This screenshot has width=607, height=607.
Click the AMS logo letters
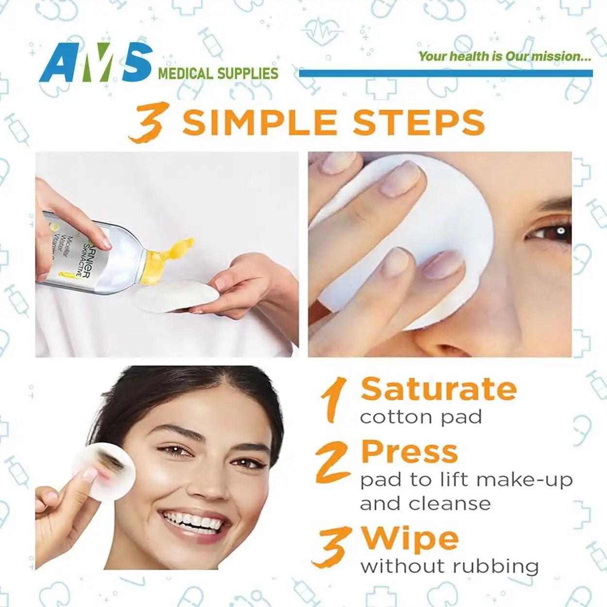point(96,62)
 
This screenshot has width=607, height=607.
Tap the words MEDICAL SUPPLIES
point(218,73)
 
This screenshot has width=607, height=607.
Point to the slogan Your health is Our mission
point(505,56)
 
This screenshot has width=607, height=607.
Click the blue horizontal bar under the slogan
point(446,73)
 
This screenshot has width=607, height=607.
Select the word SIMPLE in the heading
point(260,122)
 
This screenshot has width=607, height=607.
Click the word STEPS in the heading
point(419,122)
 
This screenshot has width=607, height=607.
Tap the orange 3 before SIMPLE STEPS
point(149,122)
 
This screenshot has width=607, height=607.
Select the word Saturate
point(439,389)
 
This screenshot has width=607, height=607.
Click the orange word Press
point(409,452)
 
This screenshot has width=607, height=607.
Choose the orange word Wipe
point(410,539)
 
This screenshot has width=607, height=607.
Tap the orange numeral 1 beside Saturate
point(333,400)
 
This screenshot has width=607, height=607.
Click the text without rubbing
point(449,567)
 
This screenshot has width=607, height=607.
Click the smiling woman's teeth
point(193,521)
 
